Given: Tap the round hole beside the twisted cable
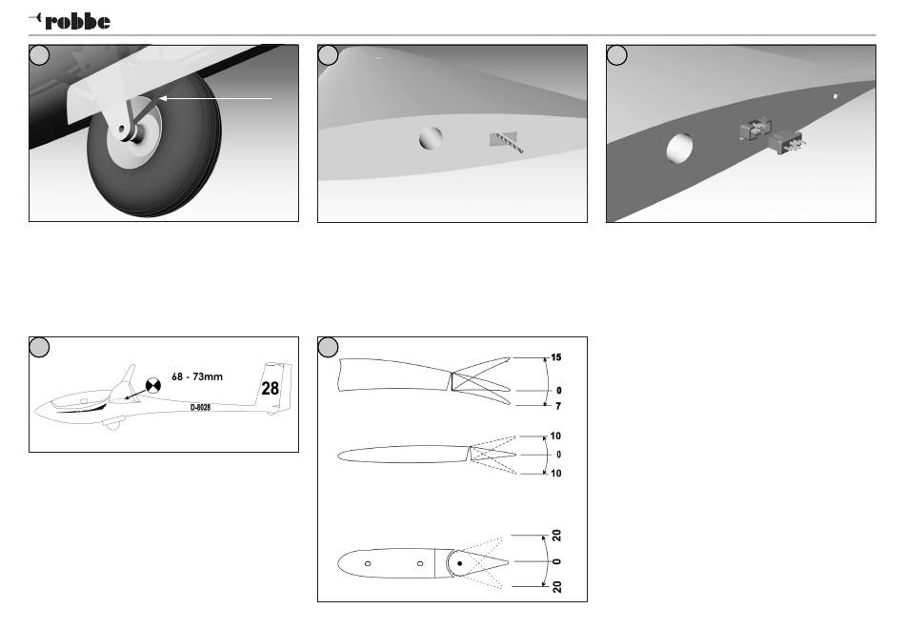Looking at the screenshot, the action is pos(431,139).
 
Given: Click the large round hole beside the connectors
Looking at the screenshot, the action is pos(680,150).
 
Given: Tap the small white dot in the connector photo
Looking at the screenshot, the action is pos(835,95).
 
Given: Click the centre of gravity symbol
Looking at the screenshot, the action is pos(151,386).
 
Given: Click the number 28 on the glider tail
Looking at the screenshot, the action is pos(271,388).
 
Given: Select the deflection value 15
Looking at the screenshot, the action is pos(555,357).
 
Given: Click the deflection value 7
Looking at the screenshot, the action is pos(556,406).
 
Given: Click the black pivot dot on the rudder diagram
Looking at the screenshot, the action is pos(460,562).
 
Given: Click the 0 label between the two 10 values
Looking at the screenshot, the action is pos(559,454).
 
